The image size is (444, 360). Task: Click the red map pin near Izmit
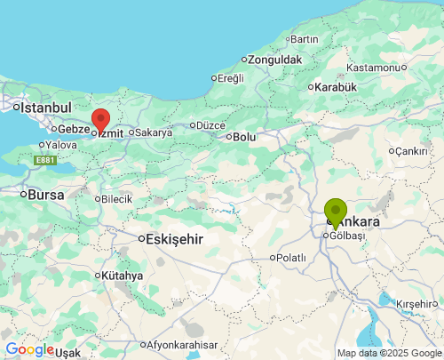tap(100, 120)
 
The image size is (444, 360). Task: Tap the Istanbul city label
tap(44, 108)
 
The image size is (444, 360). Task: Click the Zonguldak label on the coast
tap(275, 60)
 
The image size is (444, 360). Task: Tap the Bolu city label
tap(244, 137)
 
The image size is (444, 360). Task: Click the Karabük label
tap(336, 87)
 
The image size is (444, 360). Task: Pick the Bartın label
tap(304, 39)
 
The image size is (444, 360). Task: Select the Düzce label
tap(210, 125)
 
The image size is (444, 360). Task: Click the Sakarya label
tap(153, 132)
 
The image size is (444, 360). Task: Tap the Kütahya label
tap(122, 276)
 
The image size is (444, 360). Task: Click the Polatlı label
tap(291, 258)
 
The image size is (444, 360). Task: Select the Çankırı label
tap(411, 151)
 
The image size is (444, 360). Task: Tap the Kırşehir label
tap(417, 304)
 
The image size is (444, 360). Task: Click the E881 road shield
tap(45, 160)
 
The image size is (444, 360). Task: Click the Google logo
tap(29, 349)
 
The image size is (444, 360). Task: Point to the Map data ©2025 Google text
tap(388, 354)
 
